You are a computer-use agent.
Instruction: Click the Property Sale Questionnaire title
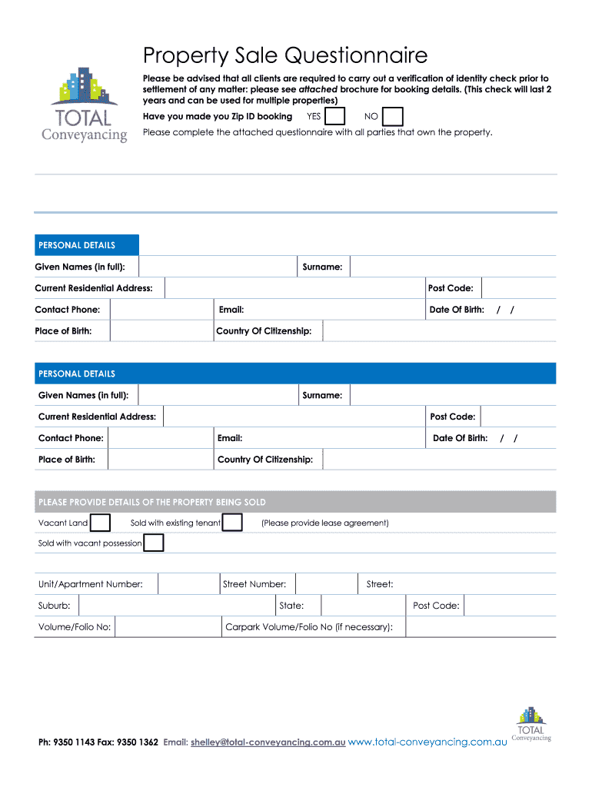pos(285,56)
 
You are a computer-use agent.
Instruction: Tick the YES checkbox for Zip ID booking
pos(335,116)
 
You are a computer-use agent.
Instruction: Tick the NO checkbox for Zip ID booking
pos(393,116)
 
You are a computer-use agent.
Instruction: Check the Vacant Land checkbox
pos(101,523)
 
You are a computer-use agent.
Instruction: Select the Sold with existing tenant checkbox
pos(233,523)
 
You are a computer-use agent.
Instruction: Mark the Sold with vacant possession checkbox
pos(154,543)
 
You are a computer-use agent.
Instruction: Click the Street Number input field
pos(326,584)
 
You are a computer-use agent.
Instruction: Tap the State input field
pos(363,606)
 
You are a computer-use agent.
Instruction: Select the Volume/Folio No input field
pos(168,627)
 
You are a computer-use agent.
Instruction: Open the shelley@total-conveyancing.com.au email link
pos(268,742)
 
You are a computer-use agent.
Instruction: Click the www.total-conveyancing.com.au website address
pos(427,742)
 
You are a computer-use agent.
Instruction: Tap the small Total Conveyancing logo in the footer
pos(530,724)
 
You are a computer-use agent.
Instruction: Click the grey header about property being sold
pos(295,502)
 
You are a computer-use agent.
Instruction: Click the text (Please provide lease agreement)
pos(324,523)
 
